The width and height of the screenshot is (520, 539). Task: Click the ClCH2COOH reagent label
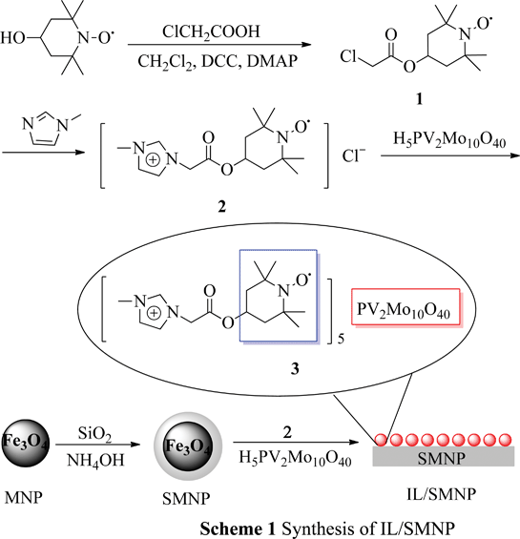coord(211,32)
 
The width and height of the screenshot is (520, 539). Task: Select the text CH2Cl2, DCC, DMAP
coord(218,62)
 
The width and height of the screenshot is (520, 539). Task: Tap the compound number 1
coord(419,99)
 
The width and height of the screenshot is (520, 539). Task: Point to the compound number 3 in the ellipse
coord(295,369)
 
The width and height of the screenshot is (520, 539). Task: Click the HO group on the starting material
coord(12,38)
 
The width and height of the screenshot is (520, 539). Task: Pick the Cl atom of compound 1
coord(348,56)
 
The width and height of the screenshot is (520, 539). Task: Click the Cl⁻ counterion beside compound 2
coord(354,155)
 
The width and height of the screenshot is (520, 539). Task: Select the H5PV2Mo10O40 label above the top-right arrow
coord(449,140)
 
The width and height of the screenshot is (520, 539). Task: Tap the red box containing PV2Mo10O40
coord(406,306)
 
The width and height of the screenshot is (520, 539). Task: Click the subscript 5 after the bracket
coord(341,339)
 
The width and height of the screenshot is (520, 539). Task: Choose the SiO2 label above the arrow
coord(94,434)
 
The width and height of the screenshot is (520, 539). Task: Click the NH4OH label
coord(95,460)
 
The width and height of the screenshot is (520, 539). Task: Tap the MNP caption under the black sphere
coord(24,497)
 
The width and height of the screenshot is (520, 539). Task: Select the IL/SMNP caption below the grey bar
coord(442,494)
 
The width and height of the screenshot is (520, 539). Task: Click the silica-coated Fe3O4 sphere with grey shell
coord(188,446)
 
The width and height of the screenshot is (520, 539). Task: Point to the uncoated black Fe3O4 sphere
coord(26,443)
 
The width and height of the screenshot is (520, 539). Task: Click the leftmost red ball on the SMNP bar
coord(381,440)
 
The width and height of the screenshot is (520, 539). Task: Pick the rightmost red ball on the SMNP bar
coord(506,440)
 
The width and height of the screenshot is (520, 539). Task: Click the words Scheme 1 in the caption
coord(238,529)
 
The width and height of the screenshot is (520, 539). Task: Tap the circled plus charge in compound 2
coord(154,160)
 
